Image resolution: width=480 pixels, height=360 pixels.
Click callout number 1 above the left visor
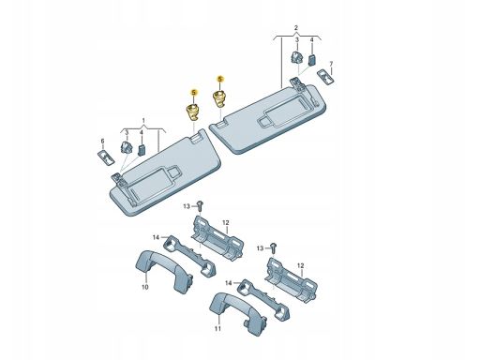pyautogui.click(x=143, y=120)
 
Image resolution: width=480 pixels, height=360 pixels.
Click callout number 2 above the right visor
pyautogui.click(x=296, y=28)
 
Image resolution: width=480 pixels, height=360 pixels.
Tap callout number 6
pyautogui.click(x=102, y=142)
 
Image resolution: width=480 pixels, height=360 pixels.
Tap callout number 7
pyautogui.click(x=331, y=64)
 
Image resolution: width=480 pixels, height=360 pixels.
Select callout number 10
pyautogui.click(x=145, y=287)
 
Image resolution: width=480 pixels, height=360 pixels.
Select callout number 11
pyautogui.click(x=217, y=328)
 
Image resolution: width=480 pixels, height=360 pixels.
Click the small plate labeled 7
pyautogui.click(x=325, y=77)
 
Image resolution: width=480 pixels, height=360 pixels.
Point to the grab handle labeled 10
pyautogui.click(x=163, y=271)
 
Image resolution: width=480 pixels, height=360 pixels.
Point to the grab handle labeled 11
pyautogui.click(x=237, y=312)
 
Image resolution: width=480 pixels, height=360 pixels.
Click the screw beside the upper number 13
pyautogui.click(x=201, y=205)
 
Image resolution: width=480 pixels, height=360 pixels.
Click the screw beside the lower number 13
pyautogui.click(x=274, y=247)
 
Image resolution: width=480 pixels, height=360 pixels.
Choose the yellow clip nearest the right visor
pyautogui.click(x=219, y=97)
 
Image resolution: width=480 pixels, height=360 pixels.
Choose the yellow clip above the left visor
pyautogui.click(x=193, y=112)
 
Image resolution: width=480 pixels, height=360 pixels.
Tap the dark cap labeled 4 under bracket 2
pyautogui.click(x=312, y=59)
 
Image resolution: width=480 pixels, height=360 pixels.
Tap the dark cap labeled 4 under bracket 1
pyautogui.click(x=142, y=150)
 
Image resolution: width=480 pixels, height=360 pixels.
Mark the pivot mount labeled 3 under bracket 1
pyautogui.click(x=126, y=148)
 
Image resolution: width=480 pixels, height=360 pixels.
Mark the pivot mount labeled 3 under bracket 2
pyautogui.click(x=297, y=57)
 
